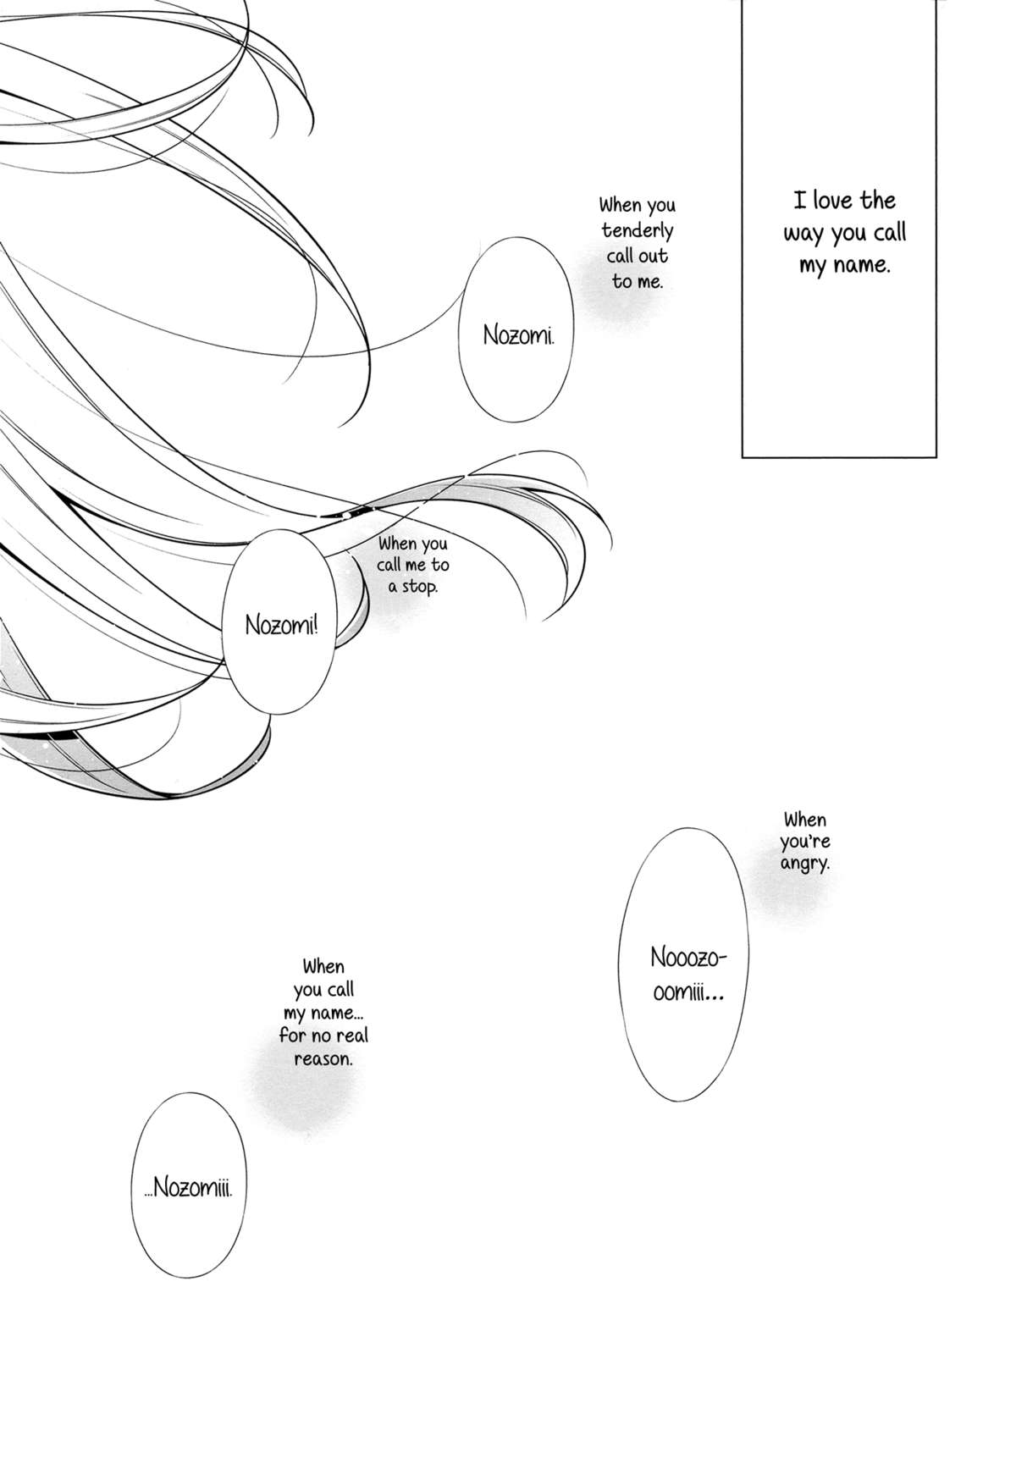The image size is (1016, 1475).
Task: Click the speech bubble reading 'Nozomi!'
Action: [x=279, y=626]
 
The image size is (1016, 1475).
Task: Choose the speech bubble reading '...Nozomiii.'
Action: [x=190, y=1187]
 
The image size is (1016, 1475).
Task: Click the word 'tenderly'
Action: [x=638, y=230]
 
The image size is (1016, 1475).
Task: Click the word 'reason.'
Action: [x=323, y=1058]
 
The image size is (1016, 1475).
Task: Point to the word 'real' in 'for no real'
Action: [x=351, y=1036]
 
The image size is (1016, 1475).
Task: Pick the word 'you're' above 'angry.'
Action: [x=807, y=842]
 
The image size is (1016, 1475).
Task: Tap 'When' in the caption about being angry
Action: [x=804, y=820]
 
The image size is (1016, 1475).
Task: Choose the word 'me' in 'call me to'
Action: [x=414, y=565]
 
